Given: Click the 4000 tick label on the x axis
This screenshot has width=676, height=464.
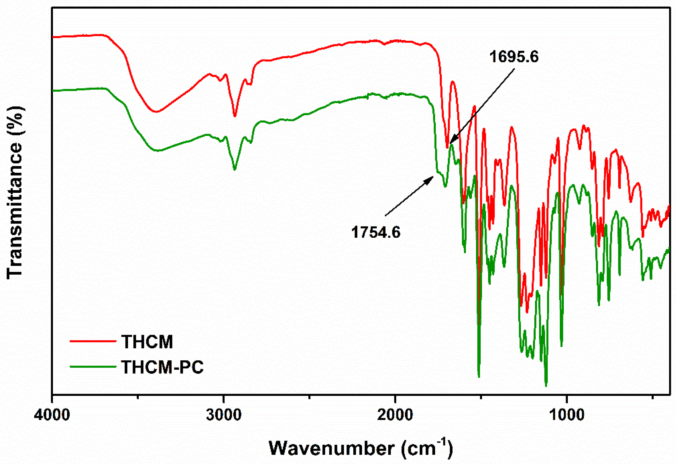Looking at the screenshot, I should (52, 415).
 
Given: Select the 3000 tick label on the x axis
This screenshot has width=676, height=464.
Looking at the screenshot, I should (224, 415).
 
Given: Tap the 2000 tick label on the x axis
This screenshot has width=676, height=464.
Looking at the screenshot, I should (395, 415).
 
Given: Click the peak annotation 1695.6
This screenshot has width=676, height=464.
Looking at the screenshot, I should (514, 56).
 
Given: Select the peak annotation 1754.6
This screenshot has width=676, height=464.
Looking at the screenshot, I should (376, 232).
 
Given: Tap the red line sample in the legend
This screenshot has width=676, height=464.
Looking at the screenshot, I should (93, 341).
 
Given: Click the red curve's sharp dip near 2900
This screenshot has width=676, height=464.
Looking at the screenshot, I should (235, 116).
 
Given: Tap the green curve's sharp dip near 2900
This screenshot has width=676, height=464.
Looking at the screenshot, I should (235, 169).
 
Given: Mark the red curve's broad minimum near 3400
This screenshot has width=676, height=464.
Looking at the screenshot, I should (157, 112).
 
